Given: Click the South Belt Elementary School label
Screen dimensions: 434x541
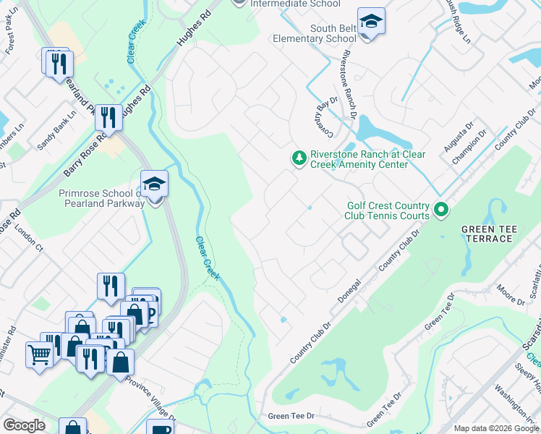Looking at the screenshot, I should coord(314,33).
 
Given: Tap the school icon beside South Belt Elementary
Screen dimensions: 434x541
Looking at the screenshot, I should coord(371,22).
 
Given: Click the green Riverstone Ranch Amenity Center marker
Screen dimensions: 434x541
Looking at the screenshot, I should coord(298,158).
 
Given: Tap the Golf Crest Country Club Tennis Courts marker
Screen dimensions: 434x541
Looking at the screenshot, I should coord(442,211).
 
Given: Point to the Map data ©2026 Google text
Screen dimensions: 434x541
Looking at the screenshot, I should coord(496,428).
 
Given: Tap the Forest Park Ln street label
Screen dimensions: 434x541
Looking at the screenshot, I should coord(9,43).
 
